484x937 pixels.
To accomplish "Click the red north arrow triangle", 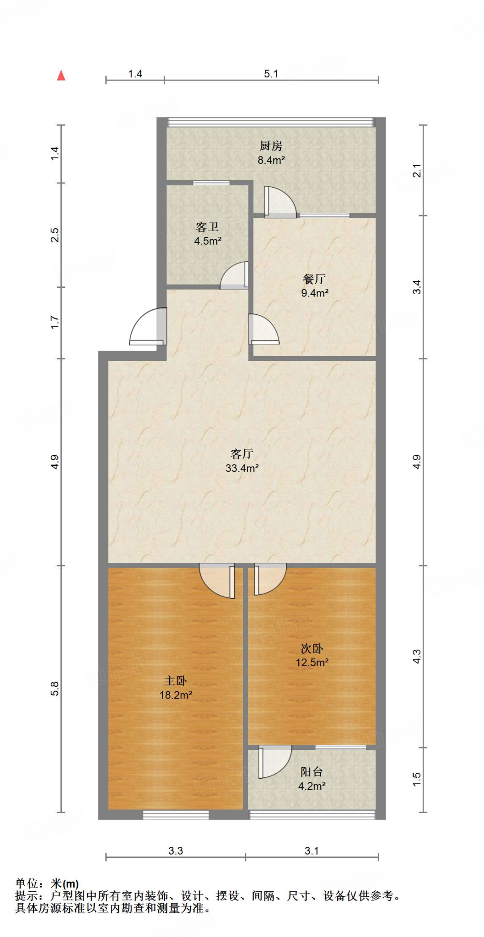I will click(61, 75).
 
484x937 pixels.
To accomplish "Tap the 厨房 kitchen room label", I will click(271, 146).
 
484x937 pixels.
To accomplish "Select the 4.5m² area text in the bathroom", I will click(208, 241).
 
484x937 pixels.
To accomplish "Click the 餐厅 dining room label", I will click(314, 279).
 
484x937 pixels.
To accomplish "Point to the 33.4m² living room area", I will click(242, 468).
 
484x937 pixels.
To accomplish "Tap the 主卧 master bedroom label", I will click(176, 681).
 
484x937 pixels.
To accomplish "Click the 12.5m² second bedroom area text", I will click(312, 662).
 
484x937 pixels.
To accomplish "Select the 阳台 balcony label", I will click(312, 772).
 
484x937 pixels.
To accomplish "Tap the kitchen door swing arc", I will click(280, 201).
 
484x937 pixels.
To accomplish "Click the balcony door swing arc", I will click(275, 762).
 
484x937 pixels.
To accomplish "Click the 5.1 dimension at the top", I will click(271, 74).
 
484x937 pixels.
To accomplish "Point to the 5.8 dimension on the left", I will click(54, 689).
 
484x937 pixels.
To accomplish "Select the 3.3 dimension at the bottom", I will click(176, 851).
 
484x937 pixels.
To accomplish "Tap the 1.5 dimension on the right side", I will click(417, 779).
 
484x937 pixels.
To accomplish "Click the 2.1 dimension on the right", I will click(417, 171).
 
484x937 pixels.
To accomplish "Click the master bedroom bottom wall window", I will click(176, 814).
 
